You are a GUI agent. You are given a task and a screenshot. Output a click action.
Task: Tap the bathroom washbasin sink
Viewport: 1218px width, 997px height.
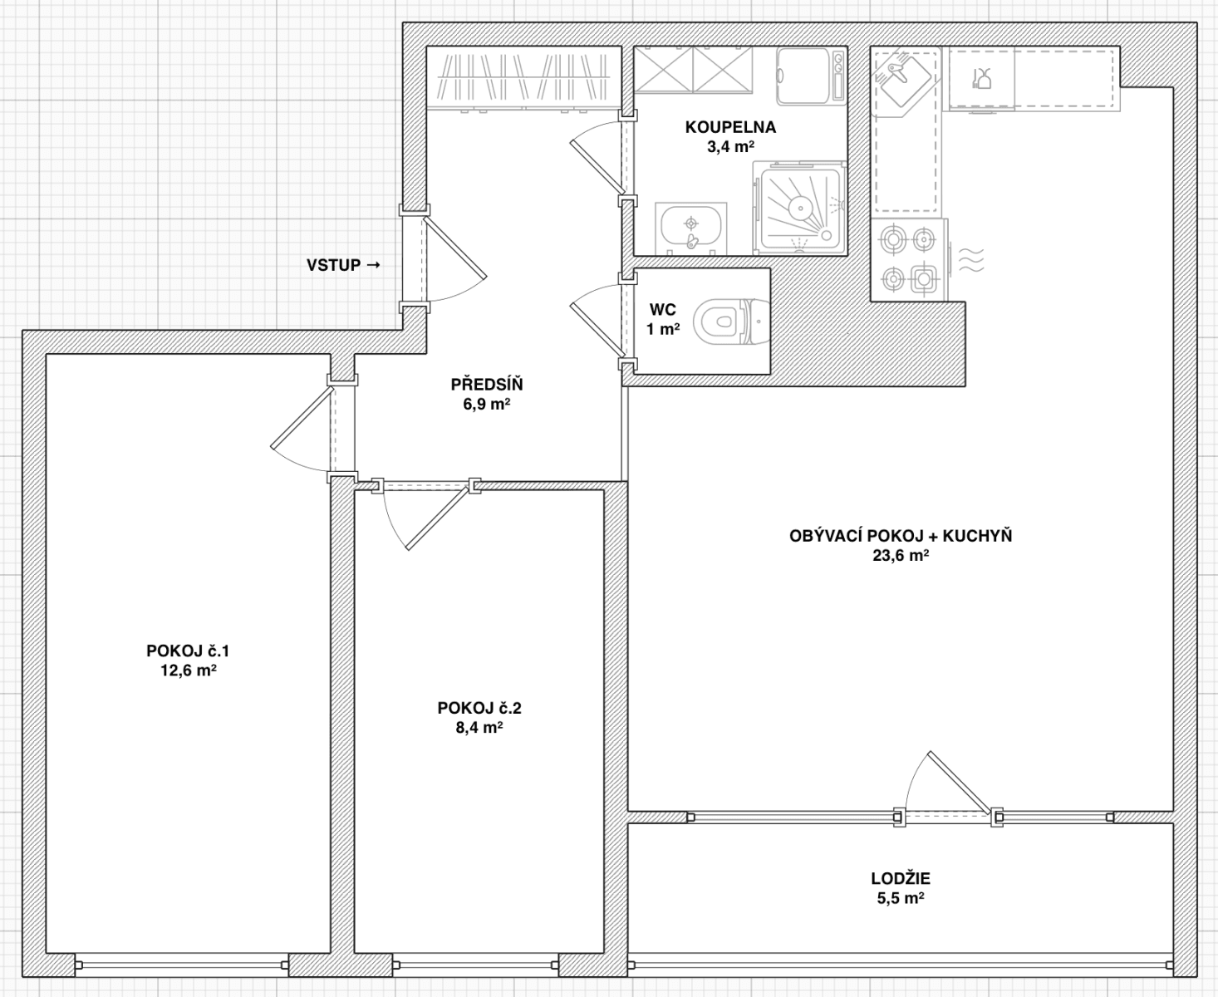(690, 227)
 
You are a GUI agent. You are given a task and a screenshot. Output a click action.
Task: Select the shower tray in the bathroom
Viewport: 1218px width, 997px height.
(800, 207)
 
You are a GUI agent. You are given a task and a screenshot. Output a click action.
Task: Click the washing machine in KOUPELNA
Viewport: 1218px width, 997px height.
(812, 76)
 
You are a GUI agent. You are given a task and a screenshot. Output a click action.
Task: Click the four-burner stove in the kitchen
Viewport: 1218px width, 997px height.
(908, 259)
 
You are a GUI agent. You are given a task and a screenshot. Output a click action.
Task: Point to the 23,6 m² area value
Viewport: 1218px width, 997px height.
(901, 556)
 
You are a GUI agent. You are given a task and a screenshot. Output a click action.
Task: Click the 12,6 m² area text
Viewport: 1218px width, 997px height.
(189, 670)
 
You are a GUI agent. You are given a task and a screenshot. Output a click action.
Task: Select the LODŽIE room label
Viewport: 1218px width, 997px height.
(901, 878)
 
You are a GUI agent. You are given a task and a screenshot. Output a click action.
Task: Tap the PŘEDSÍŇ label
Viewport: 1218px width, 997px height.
(486, 385)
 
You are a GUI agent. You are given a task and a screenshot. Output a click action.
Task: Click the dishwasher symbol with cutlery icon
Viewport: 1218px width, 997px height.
(981, 79)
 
